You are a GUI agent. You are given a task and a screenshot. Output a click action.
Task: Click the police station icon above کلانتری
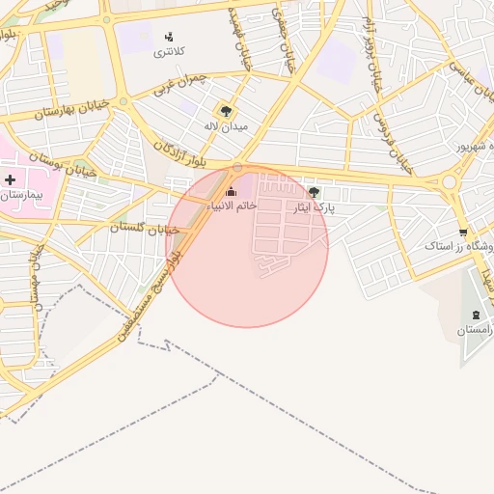(171, 38)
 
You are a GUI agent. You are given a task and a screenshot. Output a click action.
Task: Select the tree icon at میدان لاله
(227, 111)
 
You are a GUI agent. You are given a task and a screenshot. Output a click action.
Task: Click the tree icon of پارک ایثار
(313, 192)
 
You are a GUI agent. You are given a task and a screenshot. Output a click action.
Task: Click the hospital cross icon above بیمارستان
(11, 179)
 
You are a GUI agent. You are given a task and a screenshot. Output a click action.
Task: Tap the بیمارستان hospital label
(23, 195)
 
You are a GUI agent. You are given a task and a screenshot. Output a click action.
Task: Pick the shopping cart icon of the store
(464, 232)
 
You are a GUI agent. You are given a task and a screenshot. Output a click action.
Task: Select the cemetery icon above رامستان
(475, 316)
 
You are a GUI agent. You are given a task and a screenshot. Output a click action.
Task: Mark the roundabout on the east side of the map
(449, 181)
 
